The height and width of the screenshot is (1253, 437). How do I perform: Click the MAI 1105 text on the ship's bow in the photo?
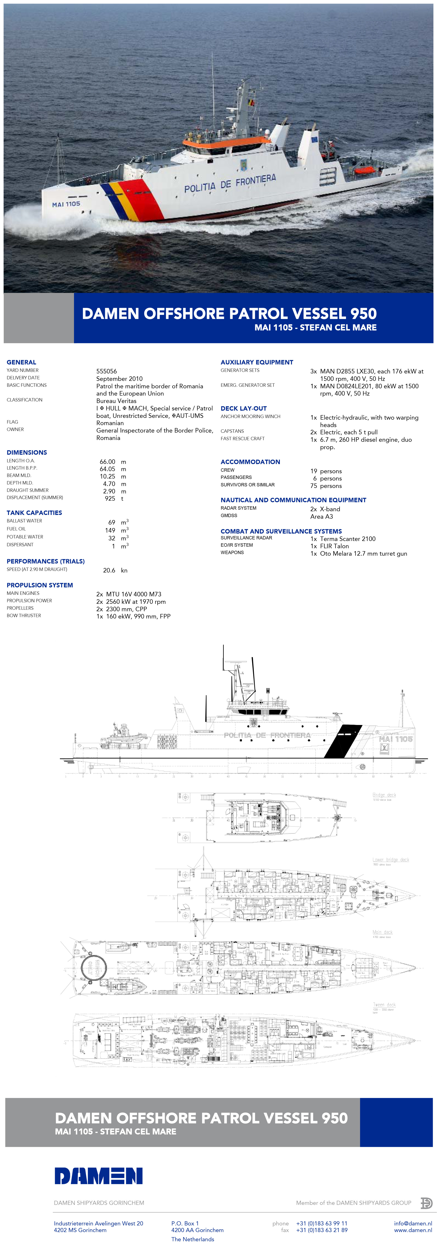[x=66, y=204]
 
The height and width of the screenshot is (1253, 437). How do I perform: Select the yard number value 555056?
[x=106, y=371]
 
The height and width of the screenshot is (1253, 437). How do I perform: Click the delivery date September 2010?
[x=120, y=379]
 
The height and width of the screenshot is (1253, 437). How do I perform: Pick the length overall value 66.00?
[x=107, y=462]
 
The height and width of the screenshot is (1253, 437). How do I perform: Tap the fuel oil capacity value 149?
[x=110, y=530]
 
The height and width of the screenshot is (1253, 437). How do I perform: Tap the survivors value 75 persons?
[x=326, y=486]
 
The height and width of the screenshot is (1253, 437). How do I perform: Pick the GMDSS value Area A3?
[x=322, y=517]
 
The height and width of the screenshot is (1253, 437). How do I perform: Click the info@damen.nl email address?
[x=413, y=1223]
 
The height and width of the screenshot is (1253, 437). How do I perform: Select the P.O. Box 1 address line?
[x=185, y=1223]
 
